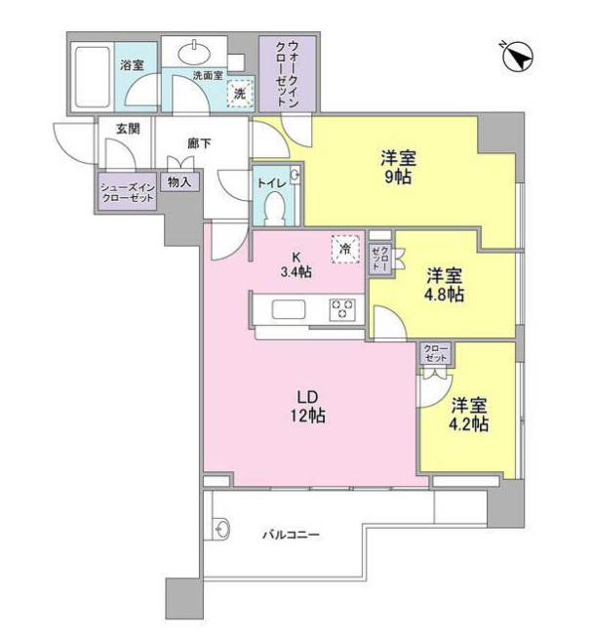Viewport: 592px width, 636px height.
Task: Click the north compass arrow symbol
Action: tap(518, 59)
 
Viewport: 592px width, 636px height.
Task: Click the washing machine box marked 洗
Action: tap(237, 94)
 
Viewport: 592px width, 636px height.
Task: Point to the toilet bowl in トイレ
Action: tap(275, 207)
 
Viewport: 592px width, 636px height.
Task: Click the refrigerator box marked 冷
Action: tap(343, 249)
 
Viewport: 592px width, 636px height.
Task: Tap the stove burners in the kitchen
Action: tap(343, 309)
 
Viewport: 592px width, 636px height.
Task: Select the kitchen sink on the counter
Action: tap(290, 310)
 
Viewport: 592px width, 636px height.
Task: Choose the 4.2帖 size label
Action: tap(468, 424)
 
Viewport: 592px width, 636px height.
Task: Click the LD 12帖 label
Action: tap(310, 406)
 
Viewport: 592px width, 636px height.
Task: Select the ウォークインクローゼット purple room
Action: tap(287, 73)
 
